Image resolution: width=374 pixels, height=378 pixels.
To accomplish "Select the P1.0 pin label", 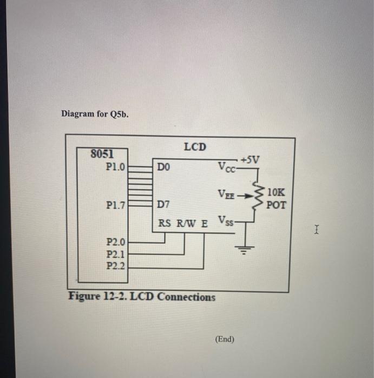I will [x=116, y=167].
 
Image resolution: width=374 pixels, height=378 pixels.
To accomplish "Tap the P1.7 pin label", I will [x=116, y=205].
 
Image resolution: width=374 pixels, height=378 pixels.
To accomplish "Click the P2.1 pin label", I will [x=116, y=254].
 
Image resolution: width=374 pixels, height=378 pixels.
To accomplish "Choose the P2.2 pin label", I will [x=116, y=266].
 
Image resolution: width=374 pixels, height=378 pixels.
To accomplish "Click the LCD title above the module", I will [x=195, y=146].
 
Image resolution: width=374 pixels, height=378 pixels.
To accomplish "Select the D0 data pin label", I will [x=164, y=168].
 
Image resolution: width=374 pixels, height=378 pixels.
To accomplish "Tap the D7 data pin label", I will [x=163, y=206].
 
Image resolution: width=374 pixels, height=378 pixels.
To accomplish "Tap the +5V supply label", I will [x=251, y=159].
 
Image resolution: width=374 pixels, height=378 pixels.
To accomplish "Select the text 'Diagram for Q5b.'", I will [x=95, y=114].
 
